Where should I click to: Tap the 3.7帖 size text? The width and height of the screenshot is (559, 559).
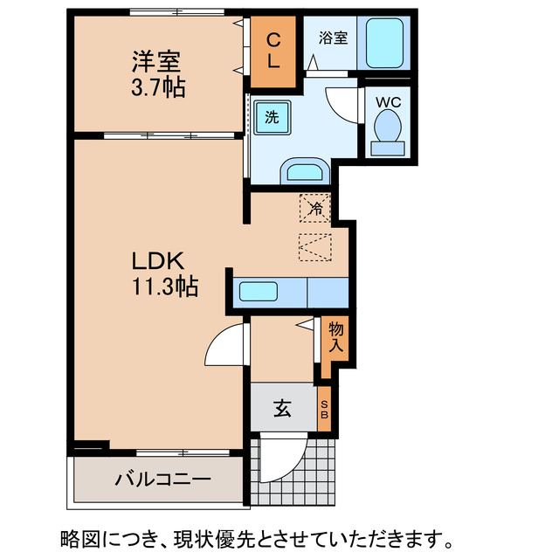click(x=158, y=87)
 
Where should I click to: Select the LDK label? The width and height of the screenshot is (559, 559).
click(x=156, y=260)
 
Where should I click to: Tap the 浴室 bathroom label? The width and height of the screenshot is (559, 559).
click(x=332, y=38)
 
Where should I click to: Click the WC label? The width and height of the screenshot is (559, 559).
click(x=388, y=101)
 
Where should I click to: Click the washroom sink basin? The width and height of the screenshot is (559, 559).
click(x=303, y=172)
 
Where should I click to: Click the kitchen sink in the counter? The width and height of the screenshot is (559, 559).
click(x=259, y=292)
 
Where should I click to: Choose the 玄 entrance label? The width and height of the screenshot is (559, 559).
click(x=283, y=407)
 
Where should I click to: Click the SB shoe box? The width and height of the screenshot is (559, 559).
click(x=324, y=408)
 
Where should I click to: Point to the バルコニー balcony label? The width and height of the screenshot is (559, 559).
click(x=162, y=480)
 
